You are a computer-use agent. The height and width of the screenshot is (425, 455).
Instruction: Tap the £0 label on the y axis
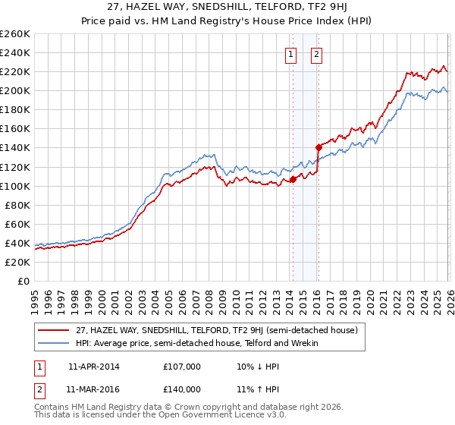tap(23, 281)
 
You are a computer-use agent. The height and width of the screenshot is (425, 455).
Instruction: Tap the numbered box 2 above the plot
tap(316, 54)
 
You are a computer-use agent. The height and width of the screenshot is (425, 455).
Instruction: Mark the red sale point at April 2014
tap(293, 180)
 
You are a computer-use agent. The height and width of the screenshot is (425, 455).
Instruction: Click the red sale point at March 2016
tap(318, 148)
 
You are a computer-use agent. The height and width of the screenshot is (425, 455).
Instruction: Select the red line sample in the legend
tap(53, 330)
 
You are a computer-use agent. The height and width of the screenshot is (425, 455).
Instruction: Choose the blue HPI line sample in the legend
tap(53, 343)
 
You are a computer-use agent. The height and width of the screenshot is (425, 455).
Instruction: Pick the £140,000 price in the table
tap(181, 389)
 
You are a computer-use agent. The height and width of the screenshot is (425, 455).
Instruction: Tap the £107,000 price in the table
tap(181, 367)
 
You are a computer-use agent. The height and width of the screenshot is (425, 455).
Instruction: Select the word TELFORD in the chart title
tap(286, 8)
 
